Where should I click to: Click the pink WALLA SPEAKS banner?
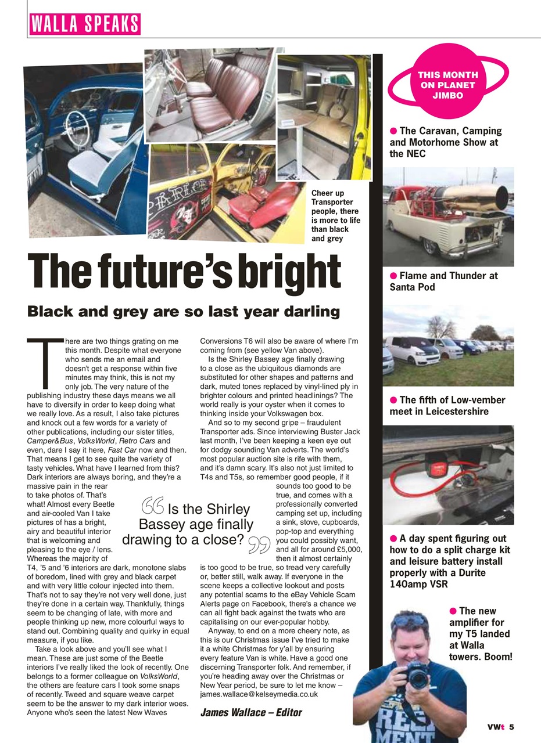point(84,24)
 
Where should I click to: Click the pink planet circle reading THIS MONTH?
point(447,85)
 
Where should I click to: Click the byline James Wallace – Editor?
point(251,712)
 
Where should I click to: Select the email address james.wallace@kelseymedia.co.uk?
point(259,694)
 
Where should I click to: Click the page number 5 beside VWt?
point(512,727)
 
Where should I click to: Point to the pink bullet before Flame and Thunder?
point(393,276)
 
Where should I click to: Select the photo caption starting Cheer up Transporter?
point(335,215)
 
